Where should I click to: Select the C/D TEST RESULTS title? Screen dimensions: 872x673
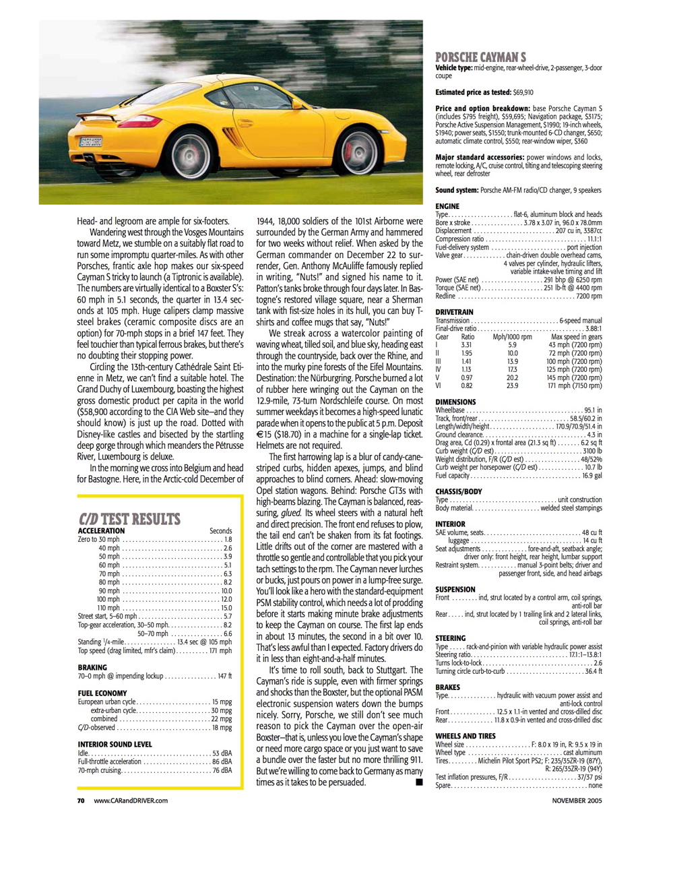[129, 519]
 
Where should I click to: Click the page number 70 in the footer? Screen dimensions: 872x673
[80, 801]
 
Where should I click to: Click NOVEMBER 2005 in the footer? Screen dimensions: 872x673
[577, 801]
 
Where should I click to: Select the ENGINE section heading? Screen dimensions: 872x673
[447, 206]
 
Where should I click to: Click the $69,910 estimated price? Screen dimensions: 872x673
[523, 92]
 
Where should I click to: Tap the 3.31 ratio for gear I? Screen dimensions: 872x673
[467, 345]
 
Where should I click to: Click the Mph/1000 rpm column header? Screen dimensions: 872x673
[512, 337]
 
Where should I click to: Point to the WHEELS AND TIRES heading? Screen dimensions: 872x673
[465, 737]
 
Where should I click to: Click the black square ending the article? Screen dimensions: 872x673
[418, 782]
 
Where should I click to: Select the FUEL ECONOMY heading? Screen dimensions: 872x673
[102, 693]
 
